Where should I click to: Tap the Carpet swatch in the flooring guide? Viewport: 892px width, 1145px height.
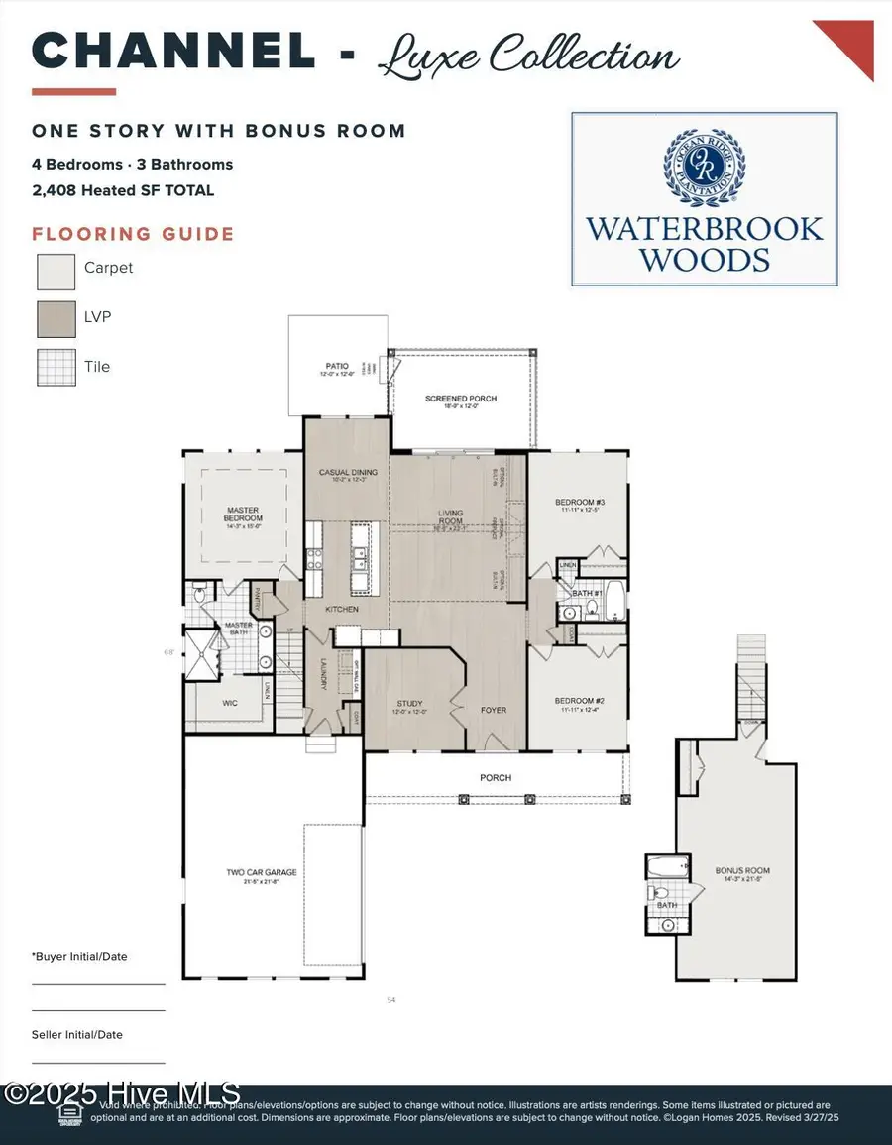click(x=56, y=269)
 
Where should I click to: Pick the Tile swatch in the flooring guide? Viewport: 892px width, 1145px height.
click(x=56, y=367)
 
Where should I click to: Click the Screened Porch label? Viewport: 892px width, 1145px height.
click(x=461, y=399)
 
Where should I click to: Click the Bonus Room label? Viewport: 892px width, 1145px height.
click(x=742, y=872)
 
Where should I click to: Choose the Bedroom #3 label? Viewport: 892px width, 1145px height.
click(x=579, y=503)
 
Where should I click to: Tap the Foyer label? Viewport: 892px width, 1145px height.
click(x=494, y=709)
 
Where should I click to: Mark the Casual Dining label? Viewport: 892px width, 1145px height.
click(x=347, y=473)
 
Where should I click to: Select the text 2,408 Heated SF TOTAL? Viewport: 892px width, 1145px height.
click(x=123, y=190)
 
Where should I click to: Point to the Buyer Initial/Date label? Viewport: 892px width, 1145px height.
click(x=80, y=957)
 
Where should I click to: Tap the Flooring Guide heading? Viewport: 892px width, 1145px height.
click(x=133, y=235)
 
